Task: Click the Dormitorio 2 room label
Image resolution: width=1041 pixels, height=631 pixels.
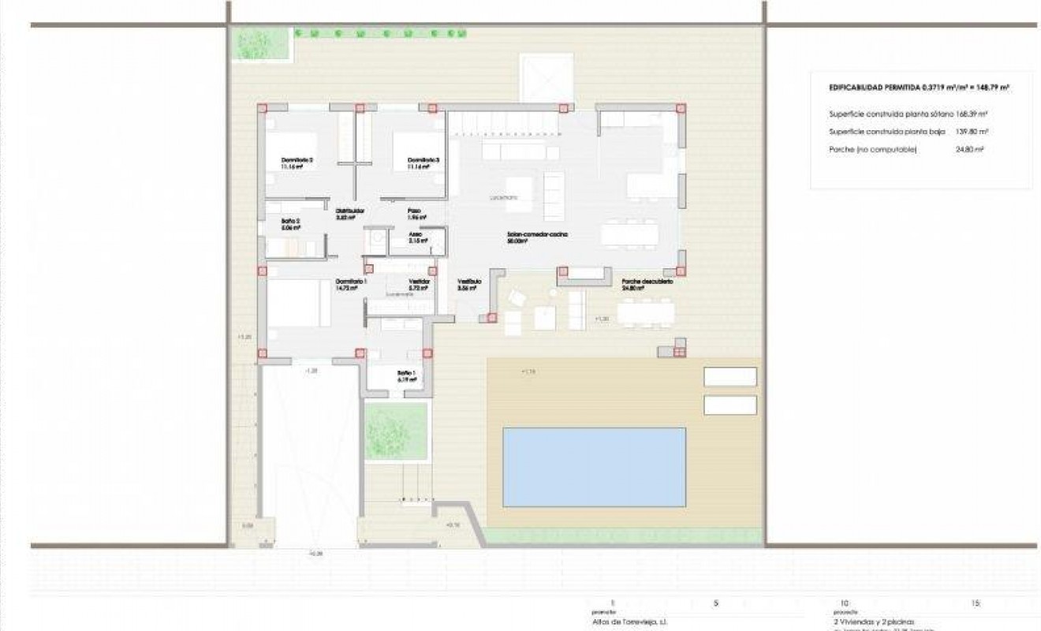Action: (297, 161)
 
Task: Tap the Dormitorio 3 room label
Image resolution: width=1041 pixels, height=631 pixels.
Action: (423, 161)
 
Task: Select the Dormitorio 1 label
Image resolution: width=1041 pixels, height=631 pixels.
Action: (351, 282)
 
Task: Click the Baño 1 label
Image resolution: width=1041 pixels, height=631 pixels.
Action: (406, 373)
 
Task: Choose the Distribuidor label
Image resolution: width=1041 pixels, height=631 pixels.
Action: (349, 211)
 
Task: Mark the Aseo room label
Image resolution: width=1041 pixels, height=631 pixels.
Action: (416, 234)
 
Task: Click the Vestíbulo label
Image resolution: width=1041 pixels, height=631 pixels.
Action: (469, 282)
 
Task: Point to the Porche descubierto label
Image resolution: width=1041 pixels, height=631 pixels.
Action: (647, 282)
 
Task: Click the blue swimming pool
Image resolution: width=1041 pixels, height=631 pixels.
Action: (594, 467)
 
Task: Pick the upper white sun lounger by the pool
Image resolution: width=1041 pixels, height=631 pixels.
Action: (729, 377)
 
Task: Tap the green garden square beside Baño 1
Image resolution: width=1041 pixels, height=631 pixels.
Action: (396, 431)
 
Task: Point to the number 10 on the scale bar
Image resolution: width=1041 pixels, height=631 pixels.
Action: (845, 603)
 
